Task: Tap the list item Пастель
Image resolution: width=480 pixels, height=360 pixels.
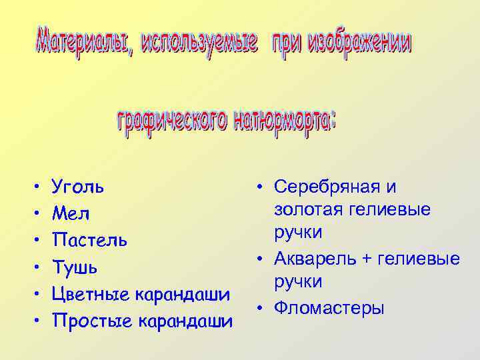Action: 89,240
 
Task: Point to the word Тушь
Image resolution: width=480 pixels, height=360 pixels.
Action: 75,267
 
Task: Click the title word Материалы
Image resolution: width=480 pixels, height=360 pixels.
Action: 81,44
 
